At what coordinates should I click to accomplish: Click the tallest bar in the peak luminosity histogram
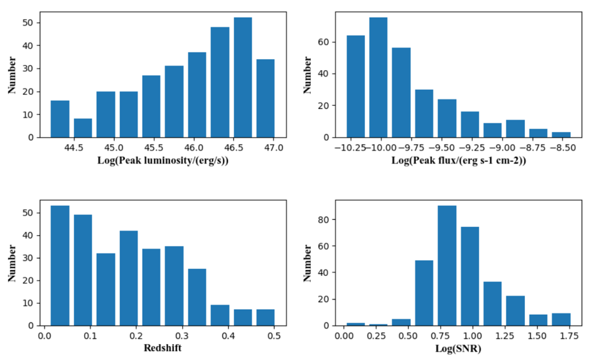click(243, 77)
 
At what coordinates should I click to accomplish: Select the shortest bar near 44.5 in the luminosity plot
click(83, 128)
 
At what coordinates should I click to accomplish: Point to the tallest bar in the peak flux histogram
click(378, 77)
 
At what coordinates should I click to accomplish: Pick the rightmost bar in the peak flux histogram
click(561, 134)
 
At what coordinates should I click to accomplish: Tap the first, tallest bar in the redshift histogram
click(60, 265)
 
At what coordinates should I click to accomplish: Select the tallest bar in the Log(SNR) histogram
click(447, 265)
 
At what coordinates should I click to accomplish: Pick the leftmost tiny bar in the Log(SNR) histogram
click(355, 324)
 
